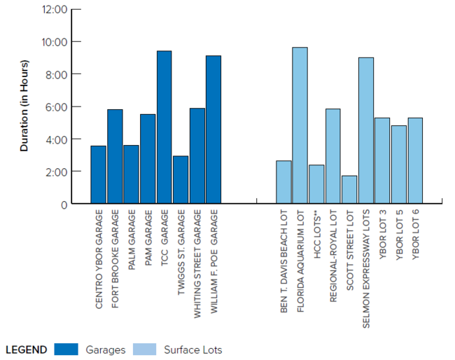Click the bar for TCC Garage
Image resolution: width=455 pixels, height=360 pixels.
[x=164, y=127]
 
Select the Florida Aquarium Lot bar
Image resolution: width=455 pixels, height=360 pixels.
[x=300, y=126]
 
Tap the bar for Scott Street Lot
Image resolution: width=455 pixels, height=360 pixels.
[x=349, y=190]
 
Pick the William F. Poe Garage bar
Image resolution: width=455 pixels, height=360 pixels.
[x=213, y=130]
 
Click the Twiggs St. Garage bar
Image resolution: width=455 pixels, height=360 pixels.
[x=181, y=180]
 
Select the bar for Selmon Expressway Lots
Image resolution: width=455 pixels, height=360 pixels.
[x=365, y=131]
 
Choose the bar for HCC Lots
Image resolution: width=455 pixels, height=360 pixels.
[x=316, y=185]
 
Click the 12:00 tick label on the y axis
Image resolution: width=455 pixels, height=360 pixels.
[x=54, y=10]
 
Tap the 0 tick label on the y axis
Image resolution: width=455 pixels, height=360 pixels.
[x=63, y=205]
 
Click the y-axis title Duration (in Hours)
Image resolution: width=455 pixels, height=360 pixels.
[x=24, y=106]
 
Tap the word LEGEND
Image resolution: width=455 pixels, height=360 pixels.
[x=26, y=349]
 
